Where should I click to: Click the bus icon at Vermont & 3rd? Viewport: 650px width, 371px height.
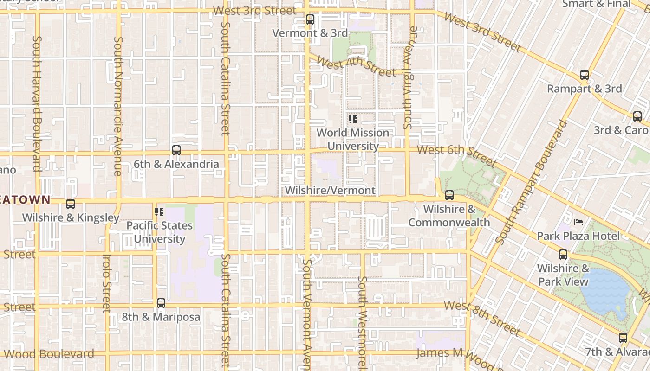pos(310,20)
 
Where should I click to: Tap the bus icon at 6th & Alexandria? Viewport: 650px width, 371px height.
pos(176,150)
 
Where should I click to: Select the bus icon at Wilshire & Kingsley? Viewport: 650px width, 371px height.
pos(71,204)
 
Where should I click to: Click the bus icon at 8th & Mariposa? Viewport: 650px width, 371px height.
pos(161,303)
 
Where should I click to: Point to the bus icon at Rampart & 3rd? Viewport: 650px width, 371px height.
pos(585,75)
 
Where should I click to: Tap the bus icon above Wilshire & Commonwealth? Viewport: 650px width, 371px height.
pos(449,195)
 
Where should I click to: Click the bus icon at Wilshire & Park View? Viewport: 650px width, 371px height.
pos(563,255)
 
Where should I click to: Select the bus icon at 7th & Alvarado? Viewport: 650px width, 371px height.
pos(623,338)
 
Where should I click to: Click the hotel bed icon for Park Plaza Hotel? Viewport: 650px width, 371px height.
pos(578,222)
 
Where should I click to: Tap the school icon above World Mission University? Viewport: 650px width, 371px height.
pos(353,119)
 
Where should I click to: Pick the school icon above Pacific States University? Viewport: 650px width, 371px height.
pos(159,212)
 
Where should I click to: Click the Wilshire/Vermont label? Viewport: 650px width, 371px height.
pos(330,191)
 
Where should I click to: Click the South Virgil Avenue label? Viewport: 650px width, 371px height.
pos(408,77)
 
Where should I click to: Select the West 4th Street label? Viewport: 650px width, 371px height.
pos(356,65)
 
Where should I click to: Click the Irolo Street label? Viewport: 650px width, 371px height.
pos(107,283)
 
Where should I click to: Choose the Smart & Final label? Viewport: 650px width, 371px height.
pos(597,4)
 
